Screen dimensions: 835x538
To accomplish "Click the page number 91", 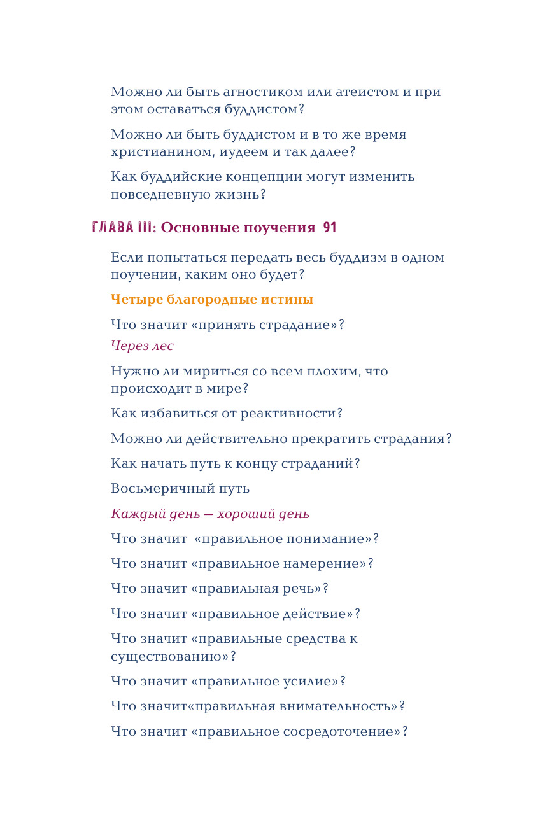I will click(x=329, y=228).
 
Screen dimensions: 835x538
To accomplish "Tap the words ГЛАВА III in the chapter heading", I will click(x=122, y=228).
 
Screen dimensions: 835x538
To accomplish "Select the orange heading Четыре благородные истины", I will click(x=211, y=299).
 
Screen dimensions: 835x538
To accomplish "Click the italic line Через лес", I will click(x=142, y=346).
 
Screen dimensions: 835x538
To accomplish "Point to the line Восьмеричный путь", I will click(x=180, y=489).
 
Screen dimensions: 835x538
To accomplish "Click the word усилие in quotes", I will click(x=309, y=682).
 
